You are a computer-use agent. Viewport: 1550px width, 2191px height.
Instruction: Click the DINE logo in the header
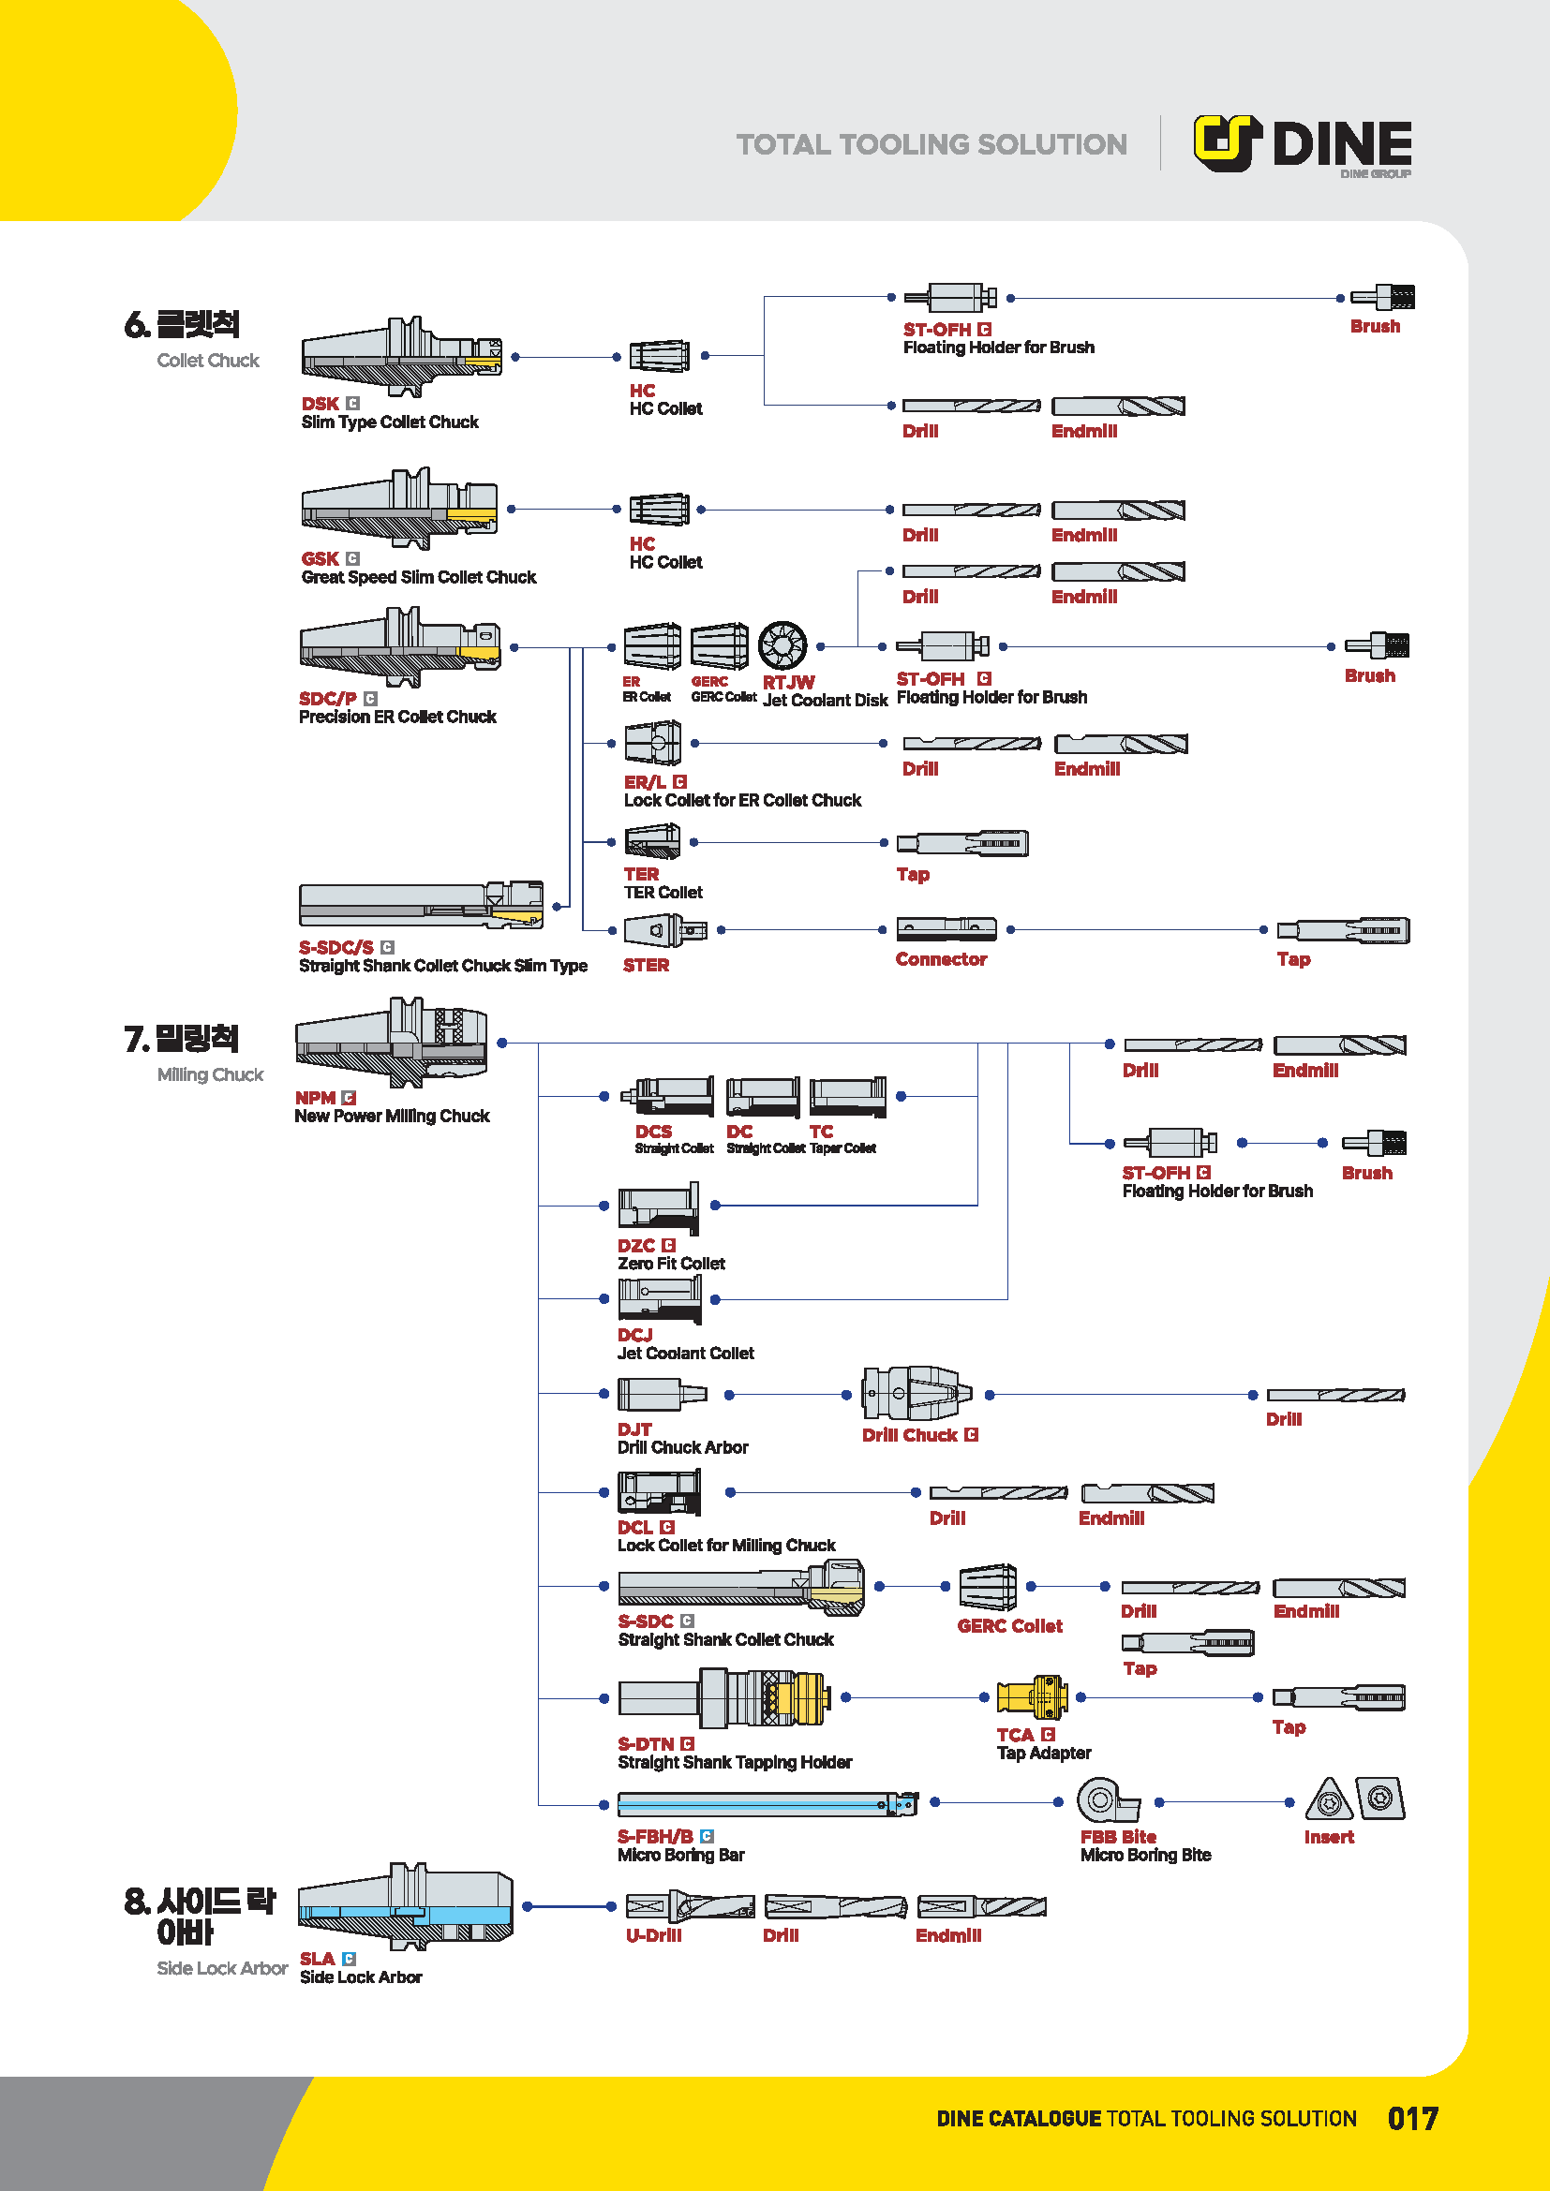pyautogui.click(x=1303, y=144)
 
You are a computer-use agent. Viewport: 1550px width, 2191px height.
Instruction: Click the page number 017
pyautogui.click(x=1412, y=2119)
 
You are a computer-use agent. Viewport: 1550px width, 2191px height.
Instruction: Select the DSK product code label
pyautogui.click(x=320, y=404)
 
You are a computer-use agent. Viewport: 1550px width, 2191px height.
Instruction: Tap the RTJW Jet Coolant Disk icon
pyautogui.click(x=782, y=645)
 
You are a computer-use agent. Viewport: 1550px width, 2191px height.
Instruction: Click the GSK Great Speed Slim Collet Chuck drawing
pyautogui.click(x=399, y=508)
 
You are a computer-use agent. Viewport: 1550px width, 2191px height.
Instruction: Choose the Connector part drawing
pyautogui.click(x=946, y=928)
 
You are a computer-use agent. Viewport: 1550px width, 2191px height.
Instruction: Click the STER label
pyautogui.click(x=647, y=965)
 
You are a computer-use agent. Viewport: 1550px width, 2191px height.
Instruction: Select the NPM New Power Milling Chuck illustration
pyautogui.click(x=392, y=1042)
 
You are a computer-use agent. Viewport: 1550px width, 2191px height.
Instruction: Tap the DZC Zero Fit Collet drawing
pyautogui.click(x=658, y=1207)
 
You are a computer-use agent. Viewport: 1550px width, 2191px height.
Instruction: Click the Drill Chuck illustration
pyautogui.click(x=916, y=1393)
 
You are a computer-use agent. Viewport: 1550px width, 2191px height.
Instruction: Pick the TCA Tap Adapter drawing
pyautogui.click(x=1032, y=1697)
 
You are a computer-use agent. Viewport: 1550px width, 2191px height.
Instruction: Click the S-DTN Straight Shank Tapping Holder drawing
pyautogui.click(x=723, y=1698)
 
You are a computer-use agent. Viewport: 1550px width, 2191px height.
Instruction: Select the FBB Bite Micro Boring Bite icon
pyautogui.click(x=1107, y=1800)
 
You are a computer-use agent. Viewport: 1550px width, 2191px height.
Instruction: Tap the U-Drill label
pyautogui.click(x=654, y=1935)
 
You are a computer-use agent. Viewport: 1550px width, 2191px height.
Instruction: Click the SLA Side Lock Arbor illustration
pyautogui.click(x=406, y=1905)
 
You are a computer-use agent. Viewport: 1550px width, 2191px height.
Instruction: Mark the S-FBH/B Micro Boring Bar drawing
pyautogui.click(x=767, y=1803)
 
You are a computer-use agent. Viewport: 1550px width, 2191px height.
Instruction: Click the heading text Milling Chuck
pyautogui.click(x=210, y=1074)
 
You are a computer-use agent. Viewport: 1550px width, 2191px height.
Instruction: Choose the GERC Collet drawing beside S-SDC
pyautogui.click(x=987, y=1587)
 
